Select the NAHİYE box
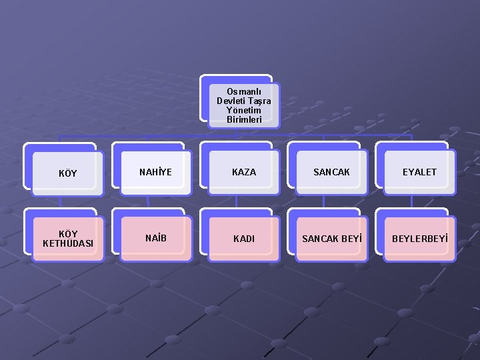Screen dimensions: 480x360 (x=155, y=172)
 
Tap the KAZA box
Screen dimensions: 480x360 (x=243, y=172)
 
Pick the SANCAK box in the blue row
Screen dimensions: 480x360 (x=331, y=172)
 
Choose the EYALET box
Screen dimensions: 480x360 (x=419, y=172)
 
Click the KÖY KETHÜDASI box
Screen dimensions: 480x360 (x=67, y=239)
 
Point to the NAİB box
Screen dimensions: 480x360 (x=155, y=238)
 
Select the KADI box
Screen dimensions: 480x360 (x=243, y=238)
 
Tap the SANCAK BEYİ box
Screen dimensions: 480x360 (x=331, y=238)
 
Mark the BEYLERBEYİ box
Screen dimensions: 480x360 (x=419, y=238)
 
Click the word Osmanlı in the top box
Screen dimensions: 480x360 (x=243, y=91)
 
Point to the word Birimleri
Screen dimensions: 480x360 (x=243, y=119)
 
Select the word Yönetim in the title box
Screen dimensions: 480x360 (x=243, y=110)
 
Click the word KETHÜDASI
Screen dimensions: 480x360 (x=67, y=243)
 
